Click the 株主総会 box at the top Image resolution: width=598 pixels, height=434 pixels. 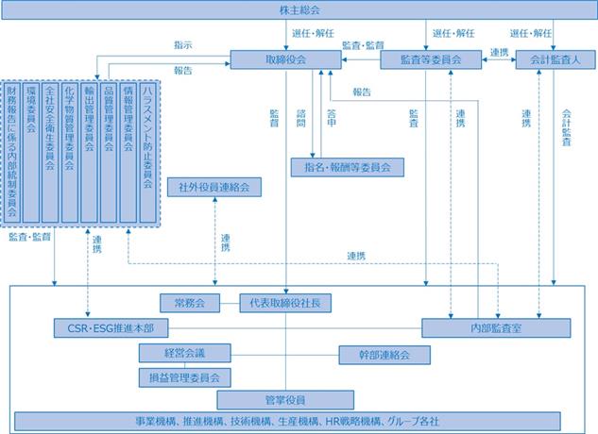(x=299, y=10)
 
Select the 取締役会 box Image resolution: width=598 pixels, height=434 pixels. (x=285, y=59)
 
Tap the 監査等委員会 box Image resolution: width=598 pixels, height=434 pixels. (x=431, y=59)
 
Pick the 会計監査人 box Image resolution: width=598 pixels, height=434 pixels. (x=555, y=59)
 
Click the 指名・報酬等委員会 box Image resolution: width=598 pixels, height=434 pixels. (x=348, y=167)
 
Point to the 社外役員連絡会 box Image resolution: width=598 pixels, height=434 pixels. (x=214, y=187)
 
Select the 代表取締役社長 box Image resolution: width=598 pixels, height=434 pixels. (x=285, y=303)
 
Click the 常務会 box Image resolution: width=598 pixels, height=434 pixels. (x=190, y=303)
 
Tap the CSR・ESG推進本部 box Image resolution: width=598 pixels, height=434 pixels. (x=111, y=328)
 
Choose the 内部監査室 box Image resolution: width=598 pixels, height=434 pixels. (x=496, y=328)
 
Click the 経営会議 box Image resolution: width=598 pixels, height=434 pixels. (x=185, y=353)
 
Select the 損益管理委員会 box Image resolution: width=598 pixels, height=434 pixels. (x=185, y=377)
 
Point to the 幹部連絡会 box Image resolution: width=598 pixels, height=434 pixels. (x=384, y=355)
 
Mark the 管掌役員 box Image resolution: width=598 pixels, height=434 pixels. (x=285, y=400)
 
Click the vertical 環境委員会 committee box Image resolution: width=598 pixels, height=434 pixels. (x=31, y=153)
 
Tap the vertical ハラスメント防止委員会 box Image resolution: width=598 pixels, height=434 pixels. (x=148, y=153)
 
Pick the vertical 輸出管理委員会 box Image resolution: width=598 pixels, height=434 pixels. (x=89, y=153)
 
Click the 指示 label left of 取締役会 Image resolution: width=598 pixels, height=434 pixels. (x=183, y=45)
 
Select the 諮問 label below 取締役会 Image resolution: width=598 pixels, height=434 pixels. (x=301, y=118)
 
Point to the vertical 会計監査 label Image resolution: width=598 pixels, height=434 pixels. (x=566, y=127)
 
